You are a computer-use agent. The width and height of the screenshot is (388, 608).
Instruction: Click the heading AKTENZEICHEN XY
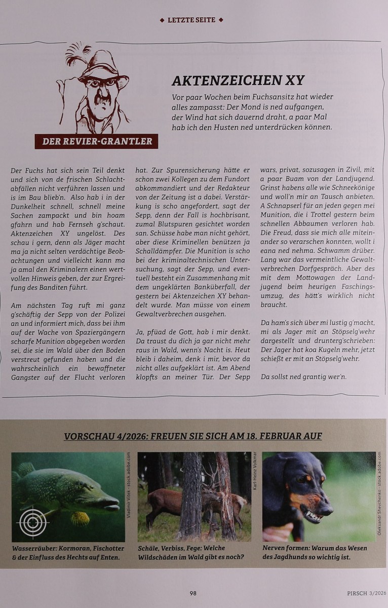pyautogui.click(x=238, y=81)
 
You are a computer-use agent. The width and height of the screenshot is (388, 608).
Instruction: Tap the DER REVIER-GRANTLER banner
pyautogui.click(x=96, y=141)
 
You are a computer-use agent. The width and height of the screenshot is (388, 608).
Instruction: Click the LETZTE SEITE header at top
pyautogui.click(x=191, y=20)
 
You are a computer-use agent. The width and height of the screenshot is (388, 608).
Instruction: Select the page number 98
pyautogui.click(x=193, y=593)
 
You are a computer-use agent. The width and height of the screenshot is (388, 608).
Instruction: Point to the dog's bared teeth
pyautogui.click(x=313, y=516)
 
